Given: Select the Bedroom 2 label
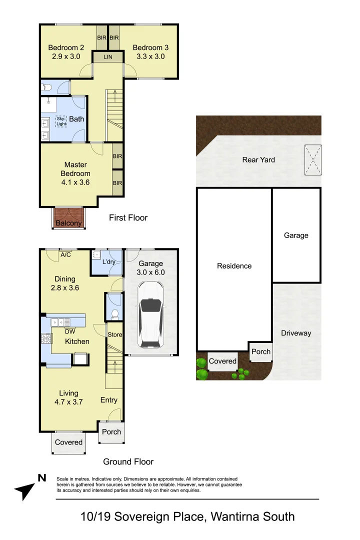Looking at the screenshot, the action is click(x=66, y=47).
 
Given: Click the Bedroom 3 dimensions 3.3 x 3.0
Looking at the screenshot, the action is click(x=150, y=56).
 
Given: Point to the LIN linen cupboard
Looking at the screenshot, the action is click(x=108, y=57).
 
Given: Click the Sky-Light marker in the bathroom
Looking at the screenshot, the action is click(x=61, y=121).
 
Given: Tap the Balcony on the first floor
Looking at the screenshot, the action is click(x=68, y=218).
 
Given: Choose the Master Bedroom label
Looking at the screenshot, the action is click(x=75, y=169).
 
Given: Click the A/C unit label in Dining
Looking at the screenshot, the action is click(x=66, y=255).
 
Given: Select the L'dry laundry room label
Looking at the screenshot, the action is click(x=109, y=261).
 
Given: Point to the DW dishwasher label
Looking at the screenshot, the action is click(x=70, y=331).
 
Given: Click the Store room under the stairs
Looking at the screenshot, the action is click(x=114, y=334).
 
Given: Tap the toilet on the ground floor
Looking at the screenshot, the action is click(x=115, y=313).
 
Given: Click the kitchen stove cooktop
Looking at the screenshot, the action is click(x=46, y=338).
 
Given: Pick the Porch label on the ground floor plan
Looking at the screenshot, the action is click(x=111, y=432).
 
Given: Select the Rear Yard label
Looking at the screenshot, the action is click(x=258, y=160).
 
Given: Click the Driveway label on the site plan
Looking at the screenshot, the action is click(x=296, y=333).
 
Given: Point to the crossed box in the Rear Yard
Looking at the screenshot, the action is click(x=313, y=160).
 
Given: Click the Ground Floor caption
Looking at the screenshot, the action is click(x=128, y=461).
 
